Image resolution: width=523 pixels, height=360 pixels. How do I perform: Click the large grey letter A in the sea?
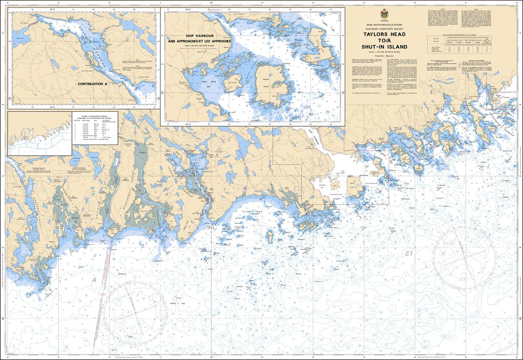point(94,280)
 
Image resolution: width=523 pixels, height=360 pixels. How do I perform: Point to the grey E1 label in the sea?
point(408,253)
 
